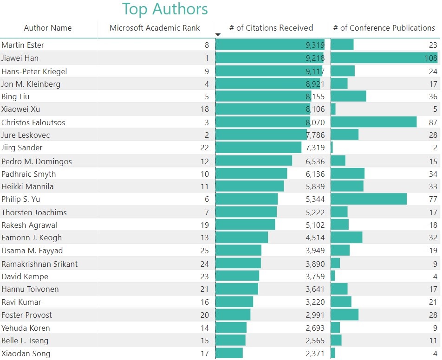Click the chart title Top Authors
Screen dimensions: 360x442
click(x=165, y=9)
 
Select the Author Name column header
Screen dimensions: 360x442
click(x=48, y=28)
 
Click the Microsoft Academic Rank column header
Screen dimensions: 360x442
click(x=155, y=28)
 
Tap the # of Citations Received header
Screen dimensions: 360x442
click(x=271, y=28)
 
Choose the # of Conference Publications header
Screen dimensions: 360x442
click(x=384, y=28)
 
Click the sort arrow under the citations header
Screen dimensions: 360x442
click(x=218, y=35)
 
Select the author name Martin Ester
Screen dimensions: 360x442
click(x=23, y=45)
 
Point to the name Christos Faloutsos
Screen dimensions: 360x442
click(x=33, y=122)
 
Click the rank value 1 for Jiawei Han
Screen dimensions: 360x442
click(x=207, y=58)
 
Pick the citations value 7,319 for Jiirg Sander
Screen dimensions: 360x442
click(x=315, y=148)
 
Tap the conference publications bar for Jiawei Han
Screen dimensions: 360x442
click(x=384, y=58)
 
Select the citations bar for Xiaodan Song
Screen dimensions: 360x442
click(x=229, y=354)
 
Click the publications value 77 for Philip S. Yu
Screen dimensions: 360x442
click(x=433, y=199)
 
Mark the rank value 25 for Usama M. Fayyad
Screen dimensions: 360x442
click(x=205, y=251)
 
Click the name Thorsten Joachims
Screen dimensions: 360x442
click(x=34, y=212)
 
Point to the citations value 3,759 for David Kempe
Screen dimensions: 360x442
click(x=315, y=276)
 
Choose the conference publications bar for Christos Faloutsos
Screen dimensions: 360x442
click(x=374, y=122)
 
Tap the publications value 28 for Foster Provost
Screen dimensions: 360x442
click(x=433, y=315)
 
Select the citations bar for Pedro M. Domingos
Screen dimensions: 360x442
click(x=254, y=161)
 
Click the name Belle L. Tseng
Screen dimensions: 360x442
click(x=25, y=341)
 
